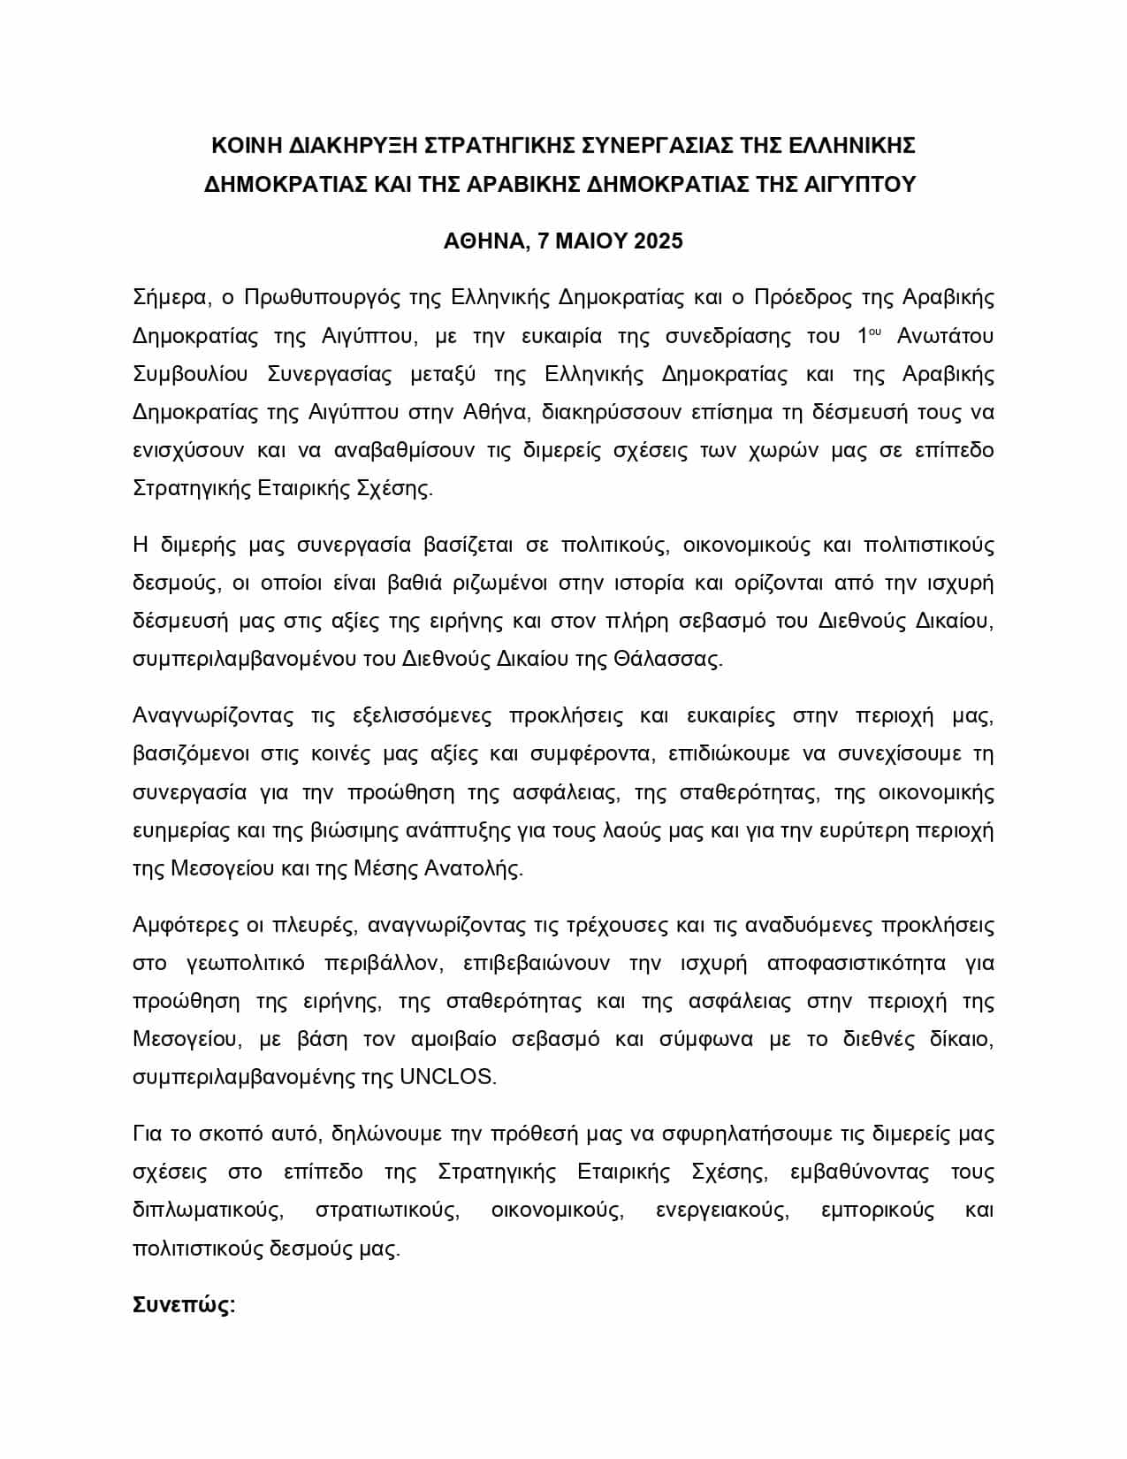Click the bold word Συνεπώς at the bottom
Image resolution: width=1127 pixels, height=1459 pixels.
tap(183, 1306)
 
